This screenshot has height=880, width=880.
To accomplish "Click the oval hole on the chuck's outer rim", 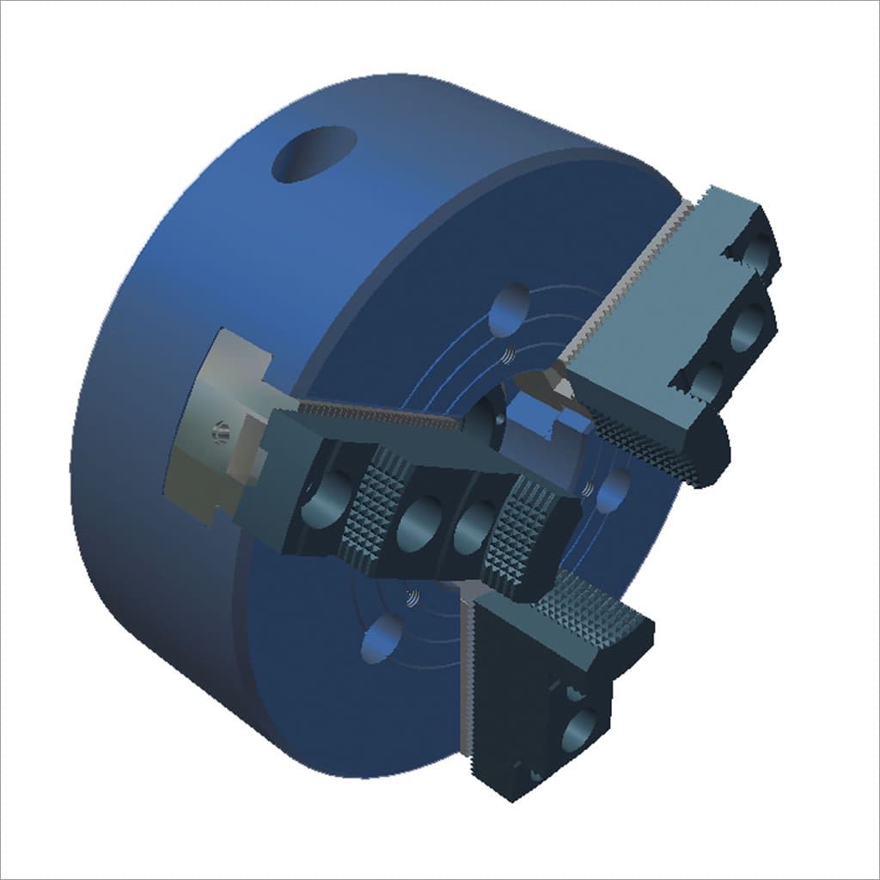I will [x=314, y=154].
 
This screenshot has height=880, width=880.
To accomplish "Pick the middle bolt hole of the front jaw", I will [x=416, y=523].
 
